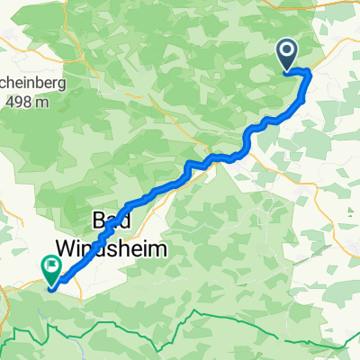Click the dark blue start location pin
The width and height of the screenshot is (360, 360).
click(288, 55)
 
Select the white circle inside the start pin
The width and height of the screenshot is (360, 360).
click(288, 52)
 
